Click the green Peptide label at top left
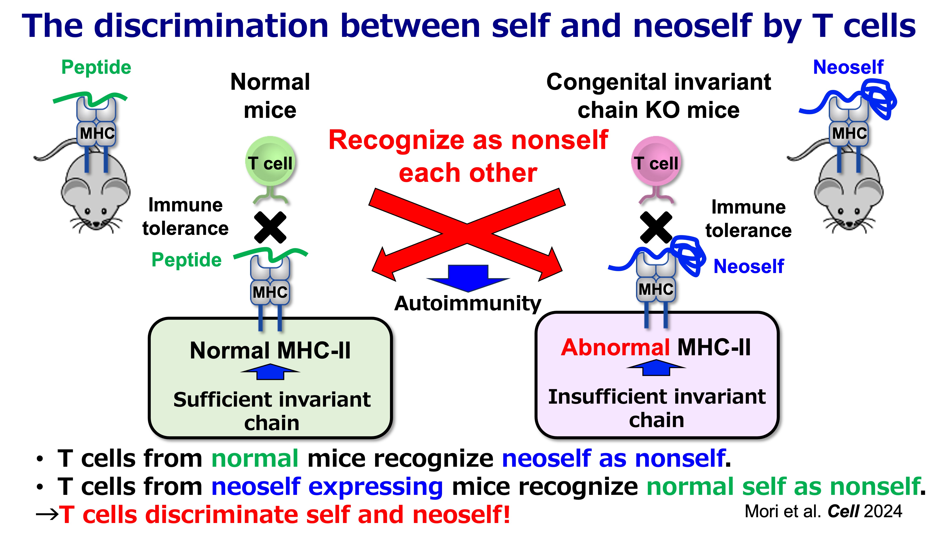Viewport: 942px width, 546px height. coord(96,67)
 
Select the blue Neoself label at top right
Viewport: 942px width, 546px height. coord(848,67)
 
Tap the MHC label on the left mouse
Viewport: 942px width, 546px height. coord(97,133)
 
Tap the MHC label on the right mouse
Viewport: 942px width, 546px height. coord(849,133)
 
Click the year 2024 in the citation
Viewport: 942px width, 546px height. coord(883,511)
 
